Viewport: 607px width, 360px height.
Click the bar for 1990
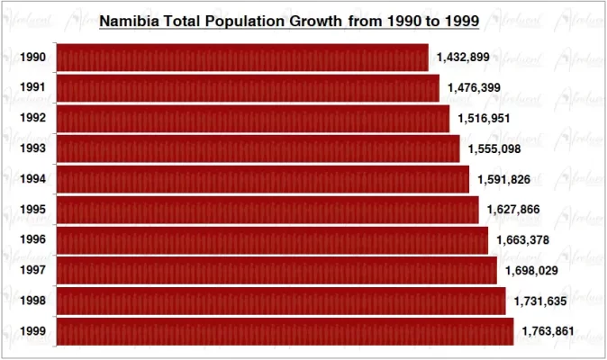pos(242,58)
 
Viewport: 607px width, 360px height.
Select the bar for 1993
pos(258,148)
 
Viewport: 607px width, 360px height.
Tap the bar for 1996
pos(272,240)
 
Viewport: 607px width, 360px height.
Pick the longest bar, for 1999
pos(285,331)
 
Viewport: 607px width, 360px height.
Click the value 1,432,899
pos(463,58)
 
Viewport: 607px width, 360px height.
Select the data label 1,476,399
pos(474,88)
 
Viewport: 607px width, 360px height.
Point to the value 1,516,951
pos(485,118)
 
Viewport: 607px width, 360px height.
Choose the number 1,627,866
pos(513,210)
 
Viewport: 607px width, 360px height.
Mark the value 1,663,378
pos(522,240)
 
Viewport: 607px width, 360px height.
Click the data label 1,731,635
pos(540,301)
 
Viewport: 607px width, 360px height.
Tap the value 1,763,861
pos(548,331)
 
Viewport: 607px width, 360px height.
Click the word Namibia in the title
pos(127,20)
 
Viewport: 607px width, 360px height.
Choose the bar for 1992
pos(252,118)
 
